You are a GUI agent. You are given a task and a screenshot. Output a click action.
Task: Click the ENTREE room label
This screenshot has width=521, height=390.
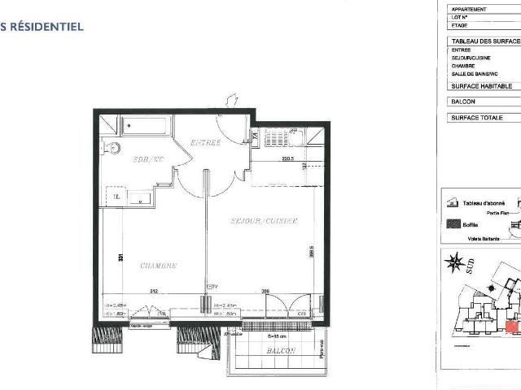click(x=206, y=143)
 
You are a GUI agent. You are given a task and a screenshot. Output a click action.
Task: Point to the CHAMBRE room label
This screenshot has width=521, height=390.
click(x=159, y=266)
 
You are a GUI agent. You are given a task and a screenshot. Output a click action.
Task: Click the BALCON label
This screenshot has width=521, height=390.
click(x=279, y=350)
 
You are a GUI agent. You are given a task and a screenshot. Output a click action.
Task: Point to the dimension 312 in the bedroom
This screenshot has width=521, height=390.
click(x=152, y=292)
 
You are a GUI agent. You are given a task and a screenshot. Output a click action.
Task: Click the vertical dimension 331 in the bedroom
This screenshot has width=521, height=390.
click(x=120, y=258)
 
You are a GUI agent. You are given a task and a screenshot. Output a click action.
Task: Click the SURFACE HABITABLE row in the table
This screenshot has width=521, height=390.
click(x=482, y=85)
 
